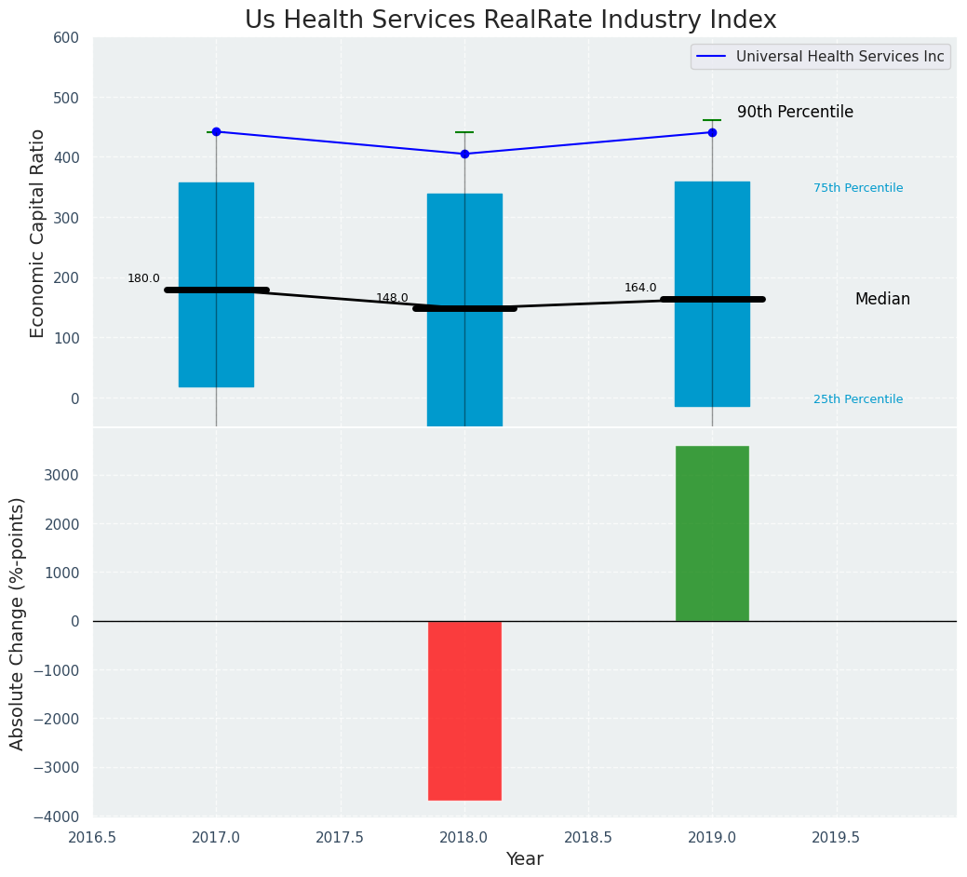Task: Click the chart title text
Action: (510, 20)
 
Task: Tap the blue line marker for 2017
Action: (216, 131)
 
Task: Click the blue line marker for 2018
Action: (464, 154)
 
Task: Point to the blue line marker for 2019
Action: (712, 132)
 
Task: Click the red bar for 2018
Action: (464, 710)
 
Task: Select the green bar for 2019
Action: (712, 533)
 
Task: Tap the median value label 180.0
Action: (143, 278)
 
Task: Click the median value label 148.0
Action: (392, 298)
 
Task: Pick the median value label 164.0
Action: (640, 288)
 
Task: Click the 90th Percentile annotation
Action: (795, 112)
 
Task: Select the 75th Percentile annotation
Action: (857, 188)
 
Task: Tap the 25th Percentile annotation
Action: (857, 399)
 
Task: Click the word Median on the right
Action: (882, 300)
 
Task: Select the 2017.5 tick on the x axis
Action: (340, 837)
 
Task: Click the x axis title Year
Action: (524, 859)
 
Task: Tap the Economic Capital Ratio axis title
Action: (37, 233)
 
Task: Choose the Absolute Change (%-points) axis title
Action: (18, 623)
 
